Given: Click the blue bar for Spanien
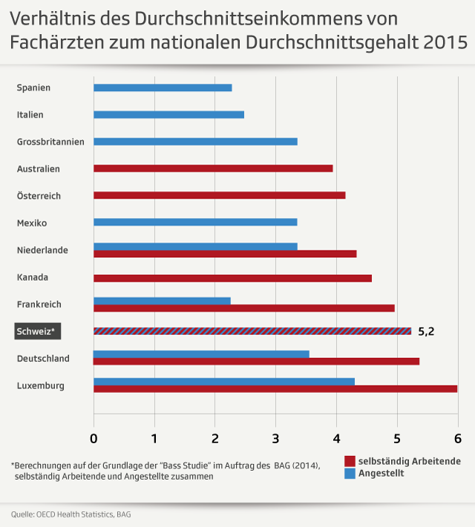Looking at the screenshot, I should pos(163,87).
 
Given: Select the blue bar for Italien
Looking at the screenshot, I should pos(168,115).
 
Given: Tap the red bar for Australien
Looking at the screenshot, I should pos(213,168).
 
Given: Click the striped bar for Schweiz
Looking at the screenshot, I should pos(252,331).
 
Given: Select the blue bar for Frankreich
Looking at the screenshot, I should pos(162,301).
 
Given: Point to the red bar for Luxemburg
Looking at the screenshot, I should pos(275,388).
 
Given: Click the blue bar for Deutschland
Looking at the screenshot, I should pos(201,354).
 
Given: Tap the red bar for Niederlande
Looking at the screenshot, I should pos(225,254).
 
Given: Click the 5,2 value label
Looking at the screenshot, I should pos(426,331).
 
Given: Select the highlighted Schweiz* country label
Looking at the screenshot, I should pos(36,331).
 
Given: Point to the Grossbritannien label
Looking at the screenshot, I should pos(50,142).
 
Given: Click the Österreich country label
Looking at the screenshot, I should pos(39,196).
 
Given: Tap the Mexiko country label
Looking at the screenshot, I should pos(32,223).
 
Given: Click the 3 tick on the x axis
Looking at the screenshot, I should pos(275,437).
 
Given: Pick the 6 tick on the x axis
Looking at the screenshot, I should pos(457,437).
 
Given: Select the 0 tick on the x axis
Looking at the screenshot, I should pos(94,437).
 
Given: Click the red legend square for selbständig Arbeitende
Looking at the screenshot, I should pos(350,461).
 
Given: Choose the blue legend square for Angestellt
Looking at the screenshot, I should pos(350,474).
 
